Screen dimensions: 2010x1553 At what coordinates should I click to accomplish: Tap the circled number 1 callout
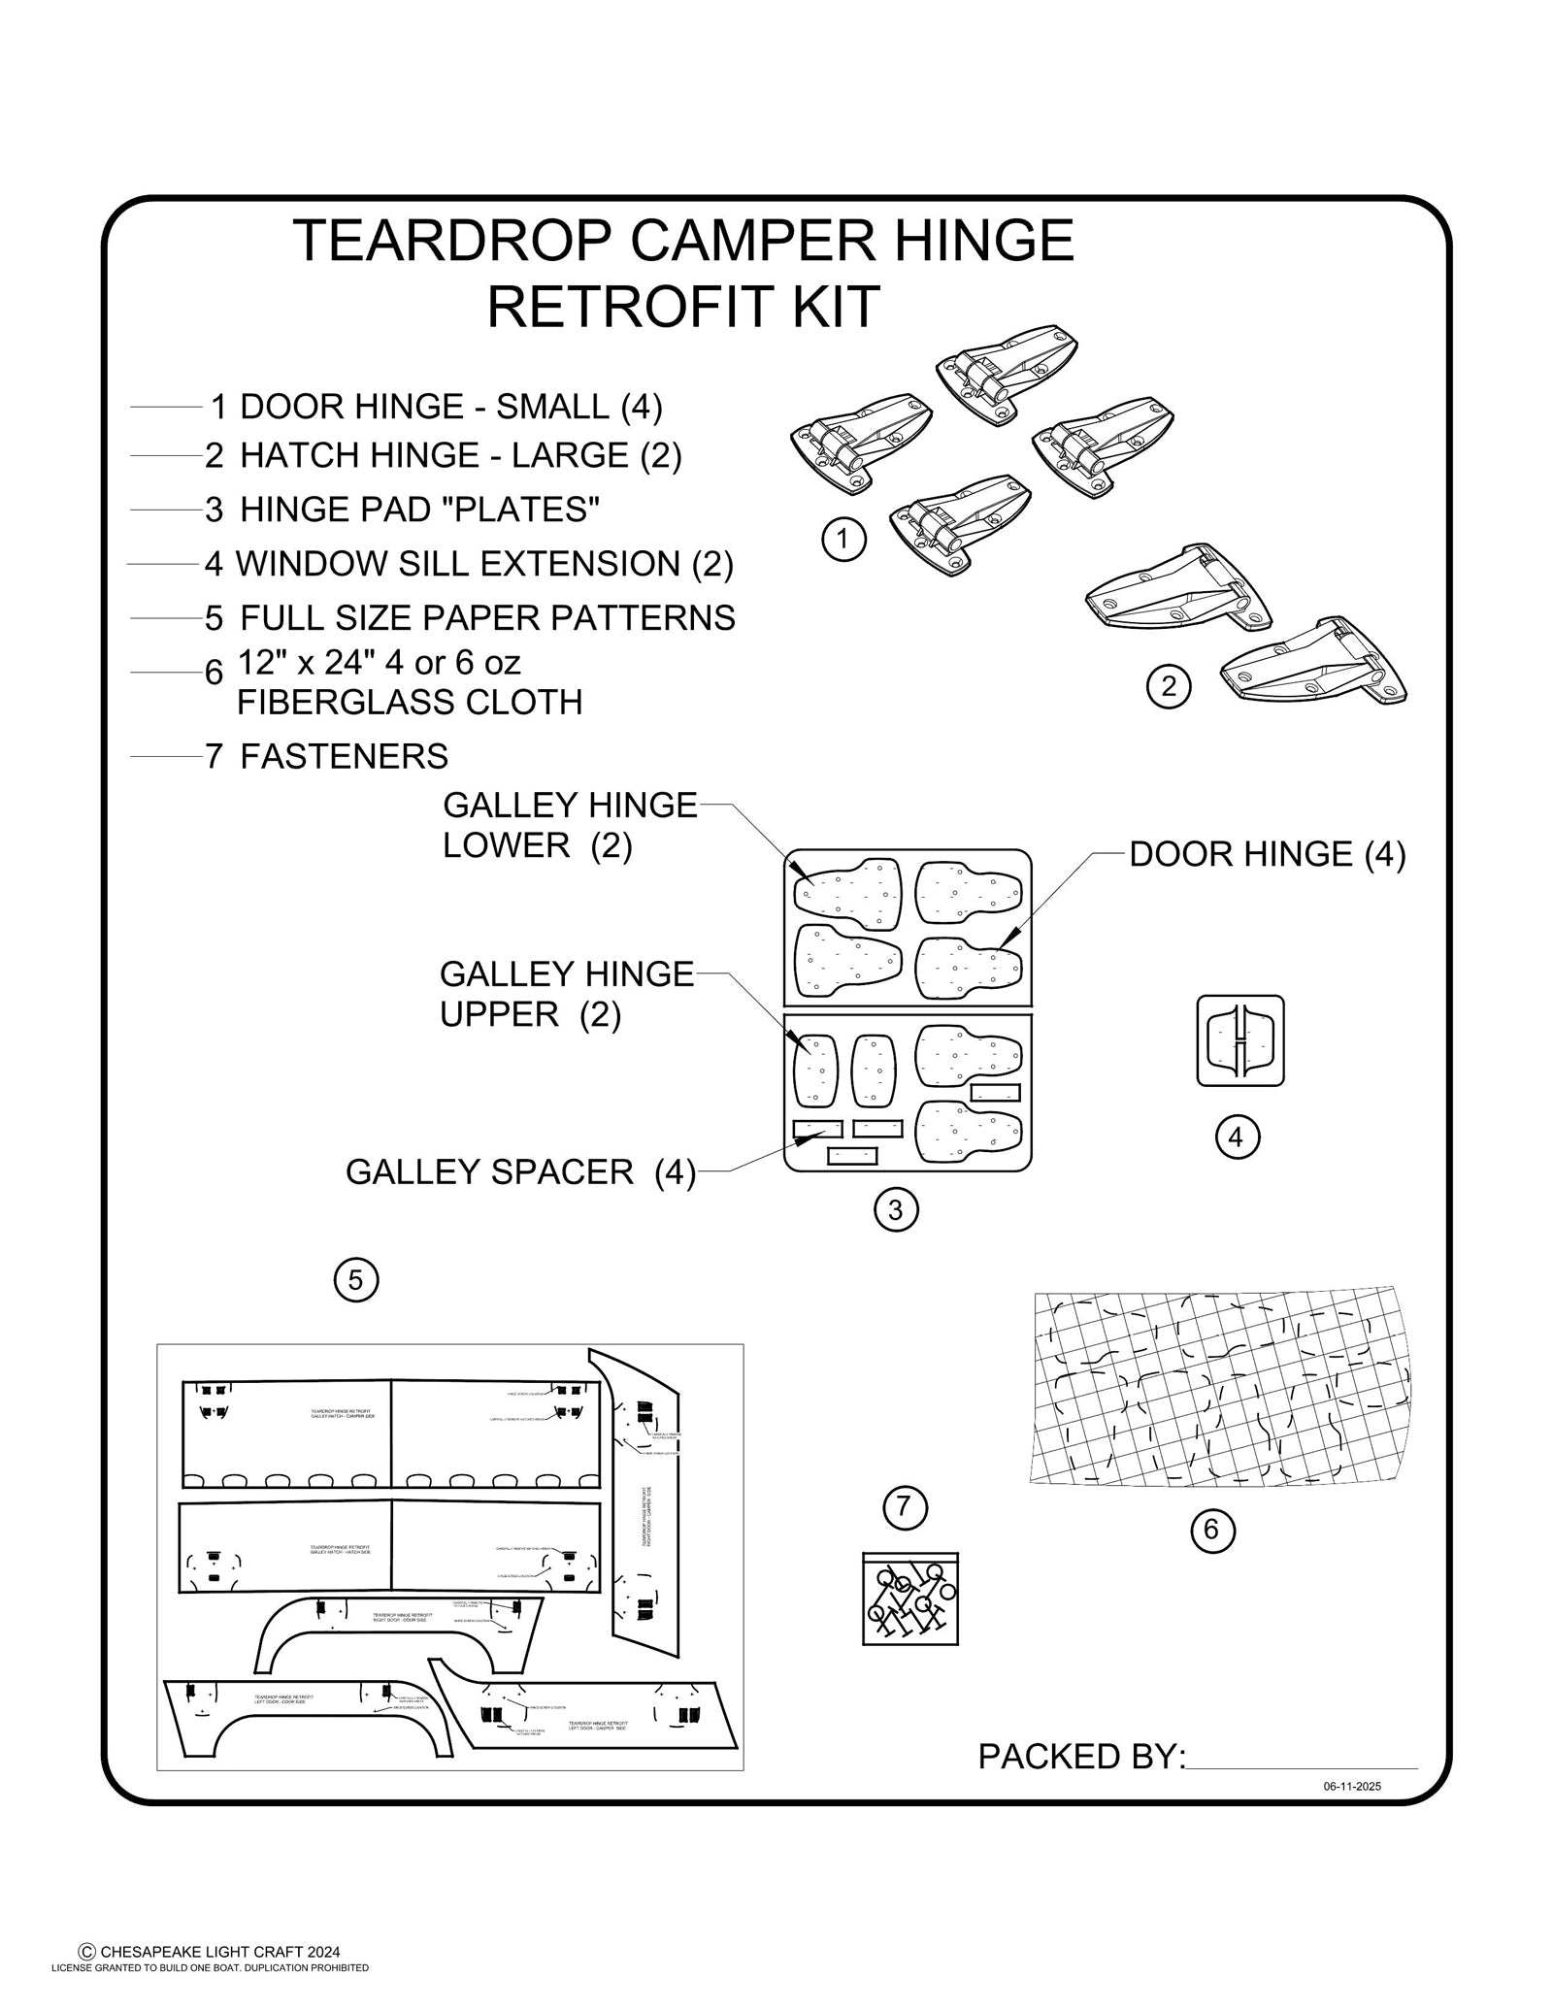[x=843, y=539]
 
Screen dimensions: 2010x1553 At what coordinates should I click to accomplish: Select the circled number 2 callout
[x=1169, y=687]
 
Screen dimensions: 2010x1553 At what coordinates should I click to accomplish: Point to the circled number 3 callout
[x=895, y=1209]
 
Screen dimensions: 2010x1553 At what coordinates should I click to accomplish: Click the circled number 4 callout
[x=1237, y=1137]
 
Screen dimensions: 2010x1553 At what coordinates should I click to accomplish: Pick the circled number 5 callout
[x=355, y=1281]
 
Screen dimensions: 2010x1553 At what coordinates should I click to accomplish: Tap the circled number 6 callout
[x=1211, y=1531]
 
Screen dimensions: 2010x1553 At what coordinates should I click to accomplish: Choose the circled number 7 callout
[x=905, y=1507]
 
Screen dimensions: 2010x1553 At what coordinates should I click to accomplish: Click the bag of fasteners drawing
[x=909, y=1597]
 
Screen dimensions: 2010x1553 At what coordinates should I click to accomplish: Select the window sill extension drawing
[x=1240, y=1040]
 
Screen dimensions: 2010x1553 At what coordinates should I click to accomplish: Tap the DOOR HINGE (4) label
[x=1267, y=855]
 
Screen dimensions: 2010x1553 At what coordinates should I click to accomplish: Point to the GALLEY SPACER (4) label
[x=520, y=1172]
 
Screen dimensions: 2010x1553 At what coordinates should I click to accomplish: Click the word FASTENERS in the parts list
[x=344, y=756]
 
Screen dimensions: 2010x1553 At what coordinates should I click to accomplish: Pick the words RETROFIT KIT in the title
[x=682, y=307]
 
